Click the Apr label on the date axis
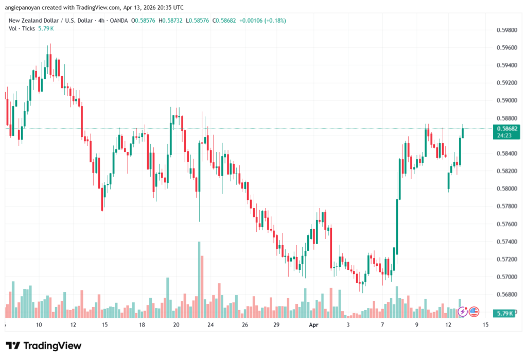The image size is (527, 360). [x=314, y=325]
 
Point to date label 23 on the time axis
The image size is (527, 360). [x=210, y=325]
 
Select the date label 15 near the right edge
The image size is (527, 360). [x=485, y=325]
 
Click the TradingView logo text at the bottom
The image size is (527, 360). [x=44, y=346]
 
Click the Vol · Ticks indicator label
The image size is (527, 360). [x=22, y=29]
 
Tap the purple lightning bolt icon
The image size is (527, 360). [x=463, y=311]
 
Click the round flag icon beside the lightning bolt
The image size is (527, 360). [x=474, y=311]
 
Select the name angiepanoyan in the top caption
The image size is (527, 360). [x=24, y=7]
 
